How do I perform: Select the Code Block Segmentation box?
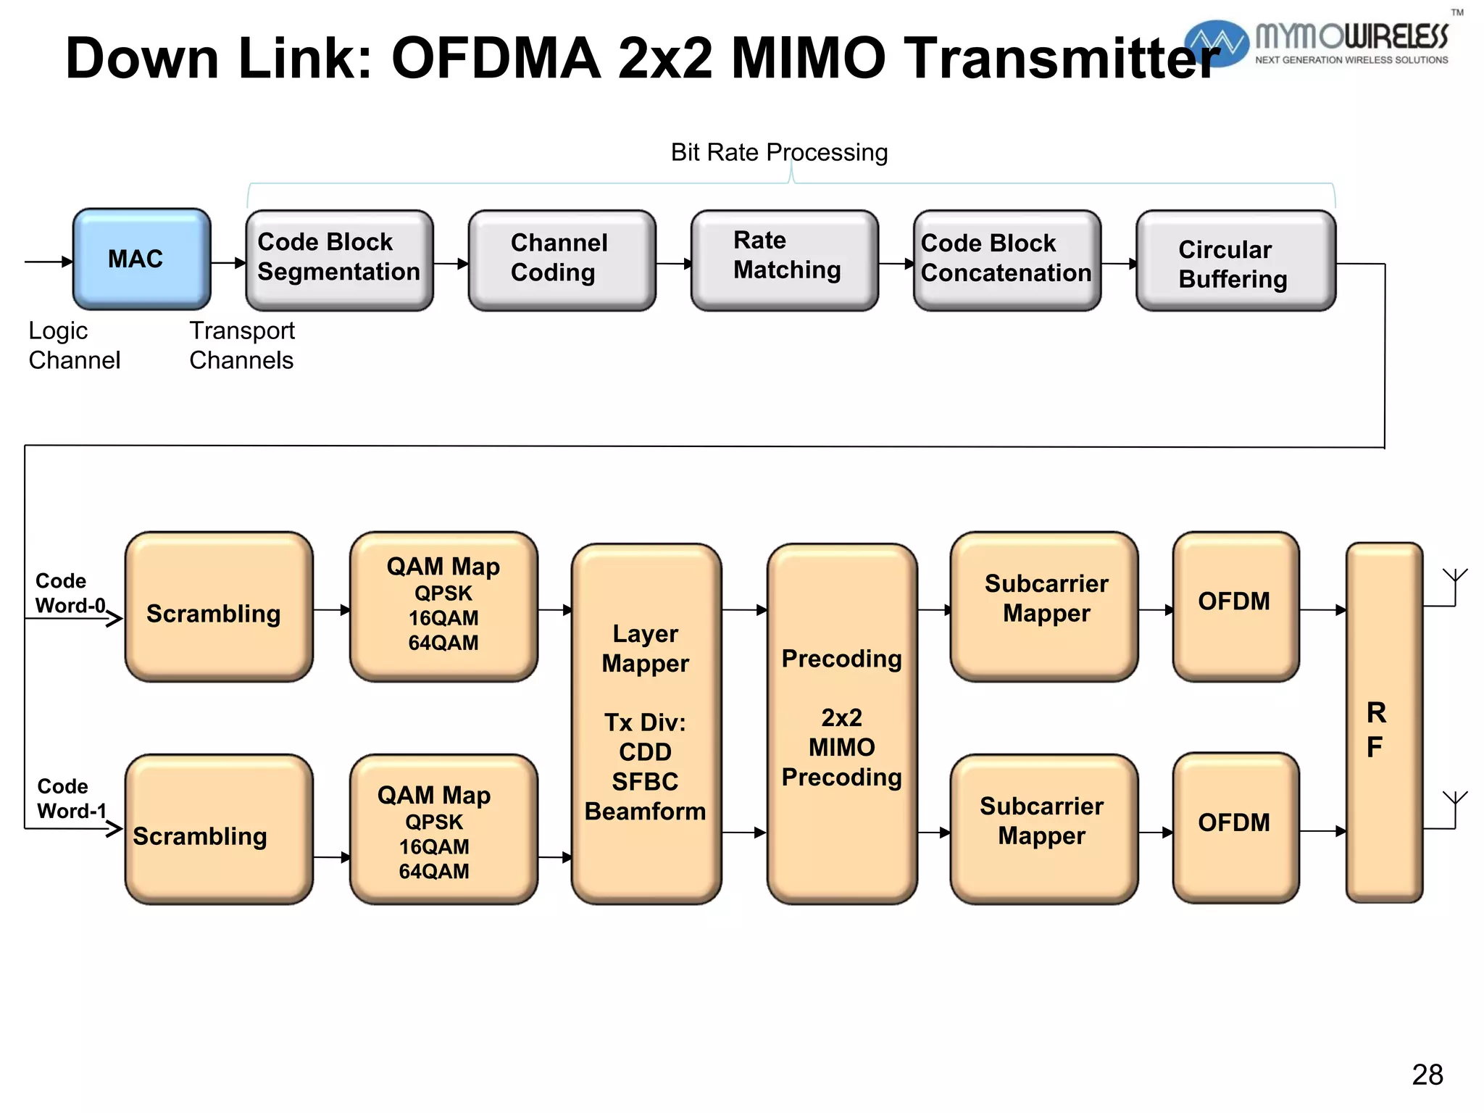339,259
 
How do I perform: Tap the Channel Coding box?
562,259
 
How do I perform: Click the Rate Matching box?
784,259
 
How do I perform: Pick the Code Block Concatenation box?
1006,259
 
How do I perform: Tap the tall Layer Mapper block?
646,723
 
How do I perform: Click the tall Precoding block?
841,723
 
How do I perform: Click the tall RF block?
1383,723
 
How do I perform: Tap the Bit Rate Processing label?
779,153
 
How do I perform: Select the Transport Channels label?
242,346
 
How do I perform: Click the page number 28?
1427,1075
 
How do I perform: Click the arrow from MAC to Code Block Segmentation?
229,263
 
